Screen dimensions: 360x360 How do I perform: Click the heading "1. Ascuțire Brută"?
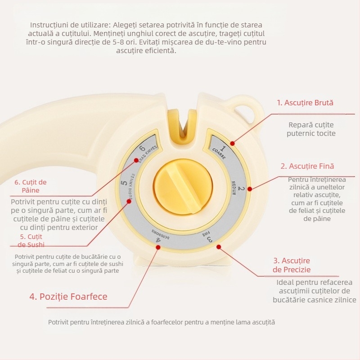[x=305, y=103]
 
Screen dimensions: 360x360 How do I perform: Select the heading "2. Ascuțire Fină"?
[x=307, y=166]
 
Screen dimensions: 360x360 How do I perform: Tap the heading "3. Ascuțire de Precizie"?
[x=292, y=265]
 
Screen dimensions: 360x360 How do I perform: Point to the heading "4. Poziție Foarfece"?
[x=68, y=297]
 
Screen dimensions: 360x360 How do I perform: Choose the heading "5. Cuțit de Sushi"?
[x=31, y=240]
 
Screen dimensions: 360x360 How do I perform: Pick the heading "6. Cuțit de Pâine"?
[x=31, y=186]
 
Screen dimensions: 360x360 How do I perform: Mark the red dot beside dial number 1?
[x=232, y=144]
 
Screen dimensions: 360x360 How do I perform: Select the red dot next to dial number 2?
[x=250, y=189]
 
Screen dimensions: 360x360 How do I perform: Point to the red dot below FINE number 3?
[x=219, y=247]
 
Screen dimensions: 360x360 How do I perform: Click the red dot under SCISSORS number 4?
[x=158, y=247]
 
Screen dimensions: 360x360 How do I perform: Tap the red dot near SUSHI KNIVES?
[x=129, y=201]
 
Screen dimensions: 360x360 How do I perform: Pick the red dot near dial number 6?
[x=136, y=160]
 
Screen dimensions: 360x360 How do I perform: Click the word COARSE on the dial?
[x=219, y=153]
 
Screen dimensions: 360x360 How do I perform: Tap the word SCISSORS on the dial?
[x=160, y=234]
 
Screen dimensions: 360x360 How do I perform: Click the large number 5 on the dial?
[x=124, y=183]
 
